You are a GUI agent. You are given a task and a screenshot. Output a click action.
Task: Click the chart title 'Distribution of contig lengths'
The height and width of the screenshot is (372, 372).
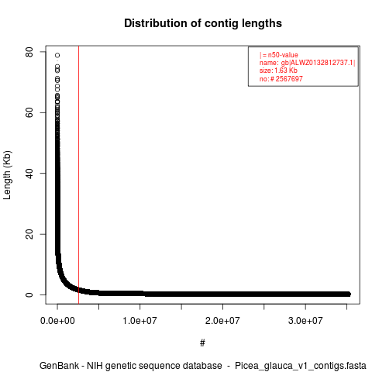pyautogui.click(x=203, y=23)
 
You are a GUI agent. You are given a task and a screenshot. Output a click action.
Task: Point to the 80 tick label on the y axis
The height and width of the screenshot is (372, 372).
pyautogui.click(x=29, y=52)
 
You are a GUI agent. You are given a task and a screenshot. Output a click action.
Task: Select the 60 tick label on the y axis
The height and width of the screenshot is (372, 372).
pyautogui.click(x=29, y=112)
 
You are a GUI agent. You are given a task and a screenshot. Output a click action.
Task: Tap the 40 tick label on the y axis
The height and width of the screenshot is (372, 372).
pyautogui.click(x=29, y=174)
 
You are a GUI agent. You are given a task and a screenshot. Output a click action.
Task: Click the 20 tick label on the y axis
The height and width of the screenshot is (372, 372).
pyautogui.click(x=29, y=234)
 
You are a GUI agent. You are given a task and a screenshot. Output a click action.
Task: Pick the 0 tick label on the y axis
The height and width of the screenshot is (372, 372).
pyautogui.click(x=29, y=294)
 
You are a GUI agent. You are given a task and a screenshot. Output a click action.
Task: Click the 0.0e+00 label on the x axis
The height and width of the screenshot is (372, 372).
pyautogui.click(x=57, y=321)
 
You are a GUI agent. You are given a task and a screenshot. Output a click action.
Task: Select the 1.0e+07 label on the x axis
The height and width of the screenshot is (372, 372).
pyautogui.click(x=139, y=321)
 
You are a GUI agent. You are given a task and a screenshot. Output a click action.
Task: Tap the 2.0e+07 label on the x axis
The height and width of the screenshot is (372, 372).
pyautogui.click(x=222, y=321)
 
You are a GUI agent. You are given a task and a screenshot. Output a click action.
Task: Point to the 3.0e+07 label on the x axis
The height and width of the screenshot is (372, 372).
pyautogui.click(x=305, y=321)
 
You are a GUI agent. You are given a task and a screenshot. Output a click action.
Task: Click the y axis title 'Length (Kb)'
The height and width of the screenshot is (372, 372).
pyautogui.click(x=8, y=175)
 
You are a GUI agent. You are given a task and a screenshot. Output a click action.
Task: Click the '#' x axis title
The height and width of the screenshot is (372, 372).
pyautogui.click(x=202, y=343)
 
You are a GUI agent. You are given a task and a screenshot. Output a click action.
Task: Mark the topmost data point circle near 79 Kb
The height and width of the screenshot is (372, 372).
pyautogui.click(x=57, y=55)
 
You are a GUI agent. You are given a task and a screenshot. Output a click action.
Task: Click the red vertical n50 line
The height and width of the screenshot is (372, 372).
pyautogui.click(x=78, y=175)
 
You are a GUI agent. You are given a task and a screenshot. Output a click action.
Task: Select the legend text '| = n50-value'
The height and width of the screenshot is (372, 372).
pyautogui.click(x=279, y=55)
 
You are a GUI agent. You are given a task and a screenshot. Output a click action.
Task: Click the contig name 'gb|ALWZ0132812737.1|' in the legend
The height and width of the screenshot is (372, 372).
pyautogui.click(x=318, y=63)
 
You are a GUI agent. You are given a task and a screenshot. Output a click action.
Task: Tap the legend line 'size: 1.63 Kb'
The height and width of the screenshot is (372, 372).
pyautogui.click(x=278, y=71)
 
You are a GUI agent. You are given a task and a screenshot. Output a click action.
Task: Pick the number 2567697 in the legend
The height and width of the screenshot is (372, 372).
pyautogui.click(x=289, y=79)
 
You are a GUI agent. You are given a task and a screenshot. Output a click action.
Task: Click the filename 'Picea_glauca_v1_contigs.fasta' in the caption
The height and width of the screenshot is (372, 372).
pyautogui.click(x=301, y=366)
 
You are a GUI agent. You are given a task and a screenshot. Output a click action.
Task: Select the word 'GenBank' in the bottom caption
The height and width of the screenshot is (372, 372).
pyautogui.click(x=59, y=366)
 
